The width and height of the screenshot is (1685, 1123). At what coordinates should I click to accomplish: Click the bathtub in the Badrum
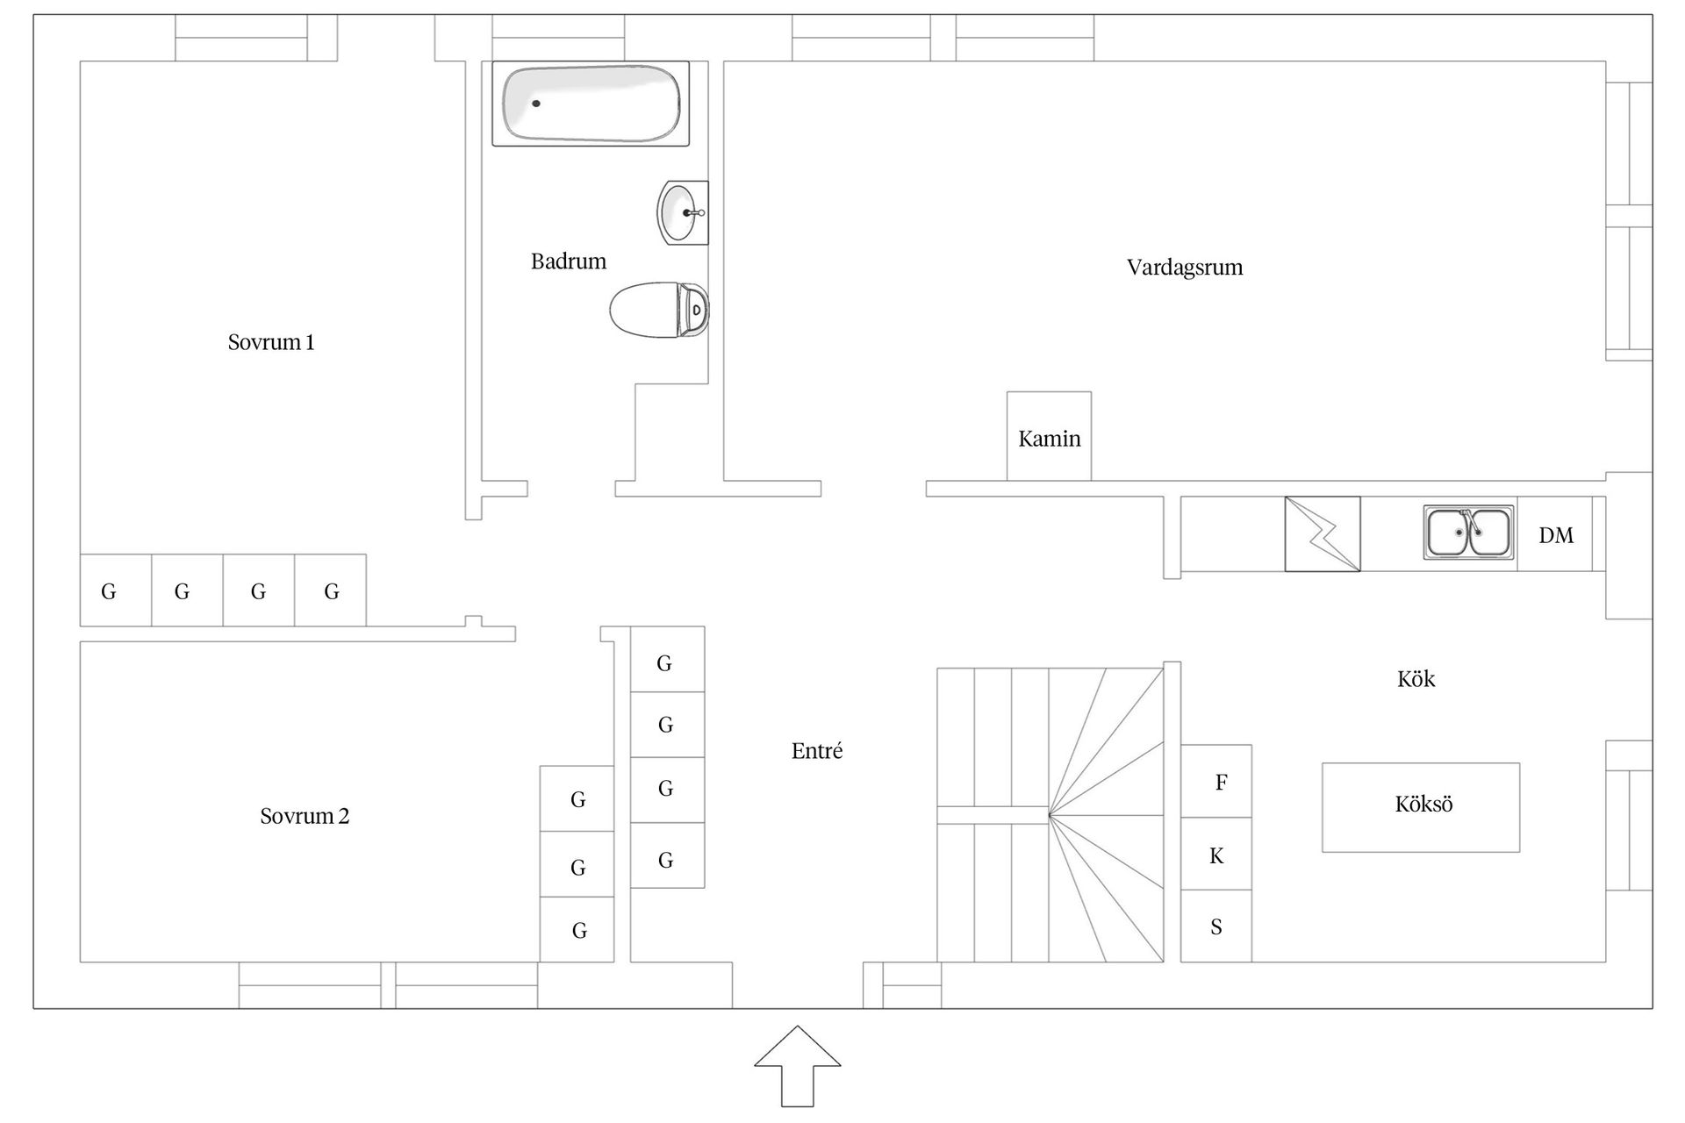click(590, 104)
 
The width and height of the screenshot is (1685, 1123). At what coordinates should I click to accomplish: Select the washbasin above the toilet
click(682, 212)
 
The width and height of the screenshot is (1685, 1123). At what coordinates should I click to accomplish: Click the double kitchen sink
click(1468, 533)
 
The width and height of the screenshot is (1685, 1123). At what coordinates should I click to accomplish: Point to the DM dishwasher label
click(1556, 535)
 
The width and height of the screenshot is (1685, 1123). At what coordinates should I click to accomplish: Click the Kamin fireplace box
click(1049, 437)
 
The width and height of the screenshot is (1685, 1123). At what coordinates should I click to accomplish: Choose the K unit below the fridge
click(1216, 855)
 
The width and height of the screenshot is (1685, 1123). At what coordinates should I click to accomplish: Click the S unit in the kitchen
click(1216, 926)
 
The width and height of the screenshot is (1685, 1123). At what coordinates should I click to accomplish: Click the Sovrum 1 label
click(271, 342)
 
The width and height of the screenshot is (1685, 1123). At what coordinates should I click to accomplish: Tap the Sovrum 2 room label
click(305, 816)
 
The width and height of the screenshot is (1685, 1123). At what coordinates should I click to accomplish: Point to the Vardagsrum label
click(1185, 268)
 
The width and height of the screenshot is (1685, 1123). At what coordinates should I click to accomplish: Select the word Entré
click(817, 751)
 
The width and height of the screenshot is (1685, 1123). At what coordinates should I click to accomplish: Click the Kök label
click(1416, 679)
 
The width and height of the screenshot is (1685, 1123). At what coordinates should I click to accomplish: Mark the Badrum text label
click(569, 261)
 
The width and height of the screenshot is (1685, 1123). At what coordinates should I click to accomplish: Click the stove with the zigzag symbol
click(1323, 534)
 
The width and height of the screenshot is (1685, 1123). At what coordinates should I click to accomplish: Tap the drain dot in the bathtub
click(536, 104)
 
